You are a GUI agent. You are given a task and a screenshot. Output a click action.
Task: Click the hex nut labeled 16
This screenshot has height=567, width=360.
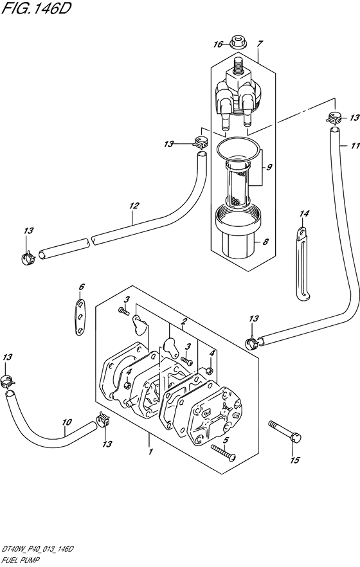click(x=237, y=42)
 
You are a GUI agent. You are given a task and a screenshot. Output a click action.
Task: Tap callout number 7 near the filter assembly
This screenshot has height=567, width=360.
click(x=260, y=44)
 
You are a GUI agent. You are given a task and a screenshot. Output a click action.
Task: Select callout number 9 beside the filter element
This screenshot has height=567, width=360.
click(x=269, y=167)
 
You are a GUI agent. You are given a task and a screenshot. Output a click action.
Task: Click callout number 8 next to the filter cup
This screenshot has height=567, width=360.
click(x=265, y=242)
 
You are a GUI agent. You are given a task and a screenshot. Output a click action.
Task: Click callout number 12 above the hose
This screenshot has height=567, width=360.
click(x=134, y=206)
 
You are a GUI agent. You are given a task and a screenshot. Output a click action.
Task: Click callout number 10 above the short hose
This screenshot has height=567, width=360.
click(x=67, y=422)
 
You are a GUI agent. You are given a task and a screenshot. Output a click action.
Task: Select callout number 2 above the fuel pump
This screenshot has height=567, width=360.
click(x=184, y=321)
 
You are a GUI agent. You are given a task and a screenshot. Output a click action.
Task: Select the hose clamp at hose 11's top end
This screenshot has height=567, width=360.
click(x=334, y=118)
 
